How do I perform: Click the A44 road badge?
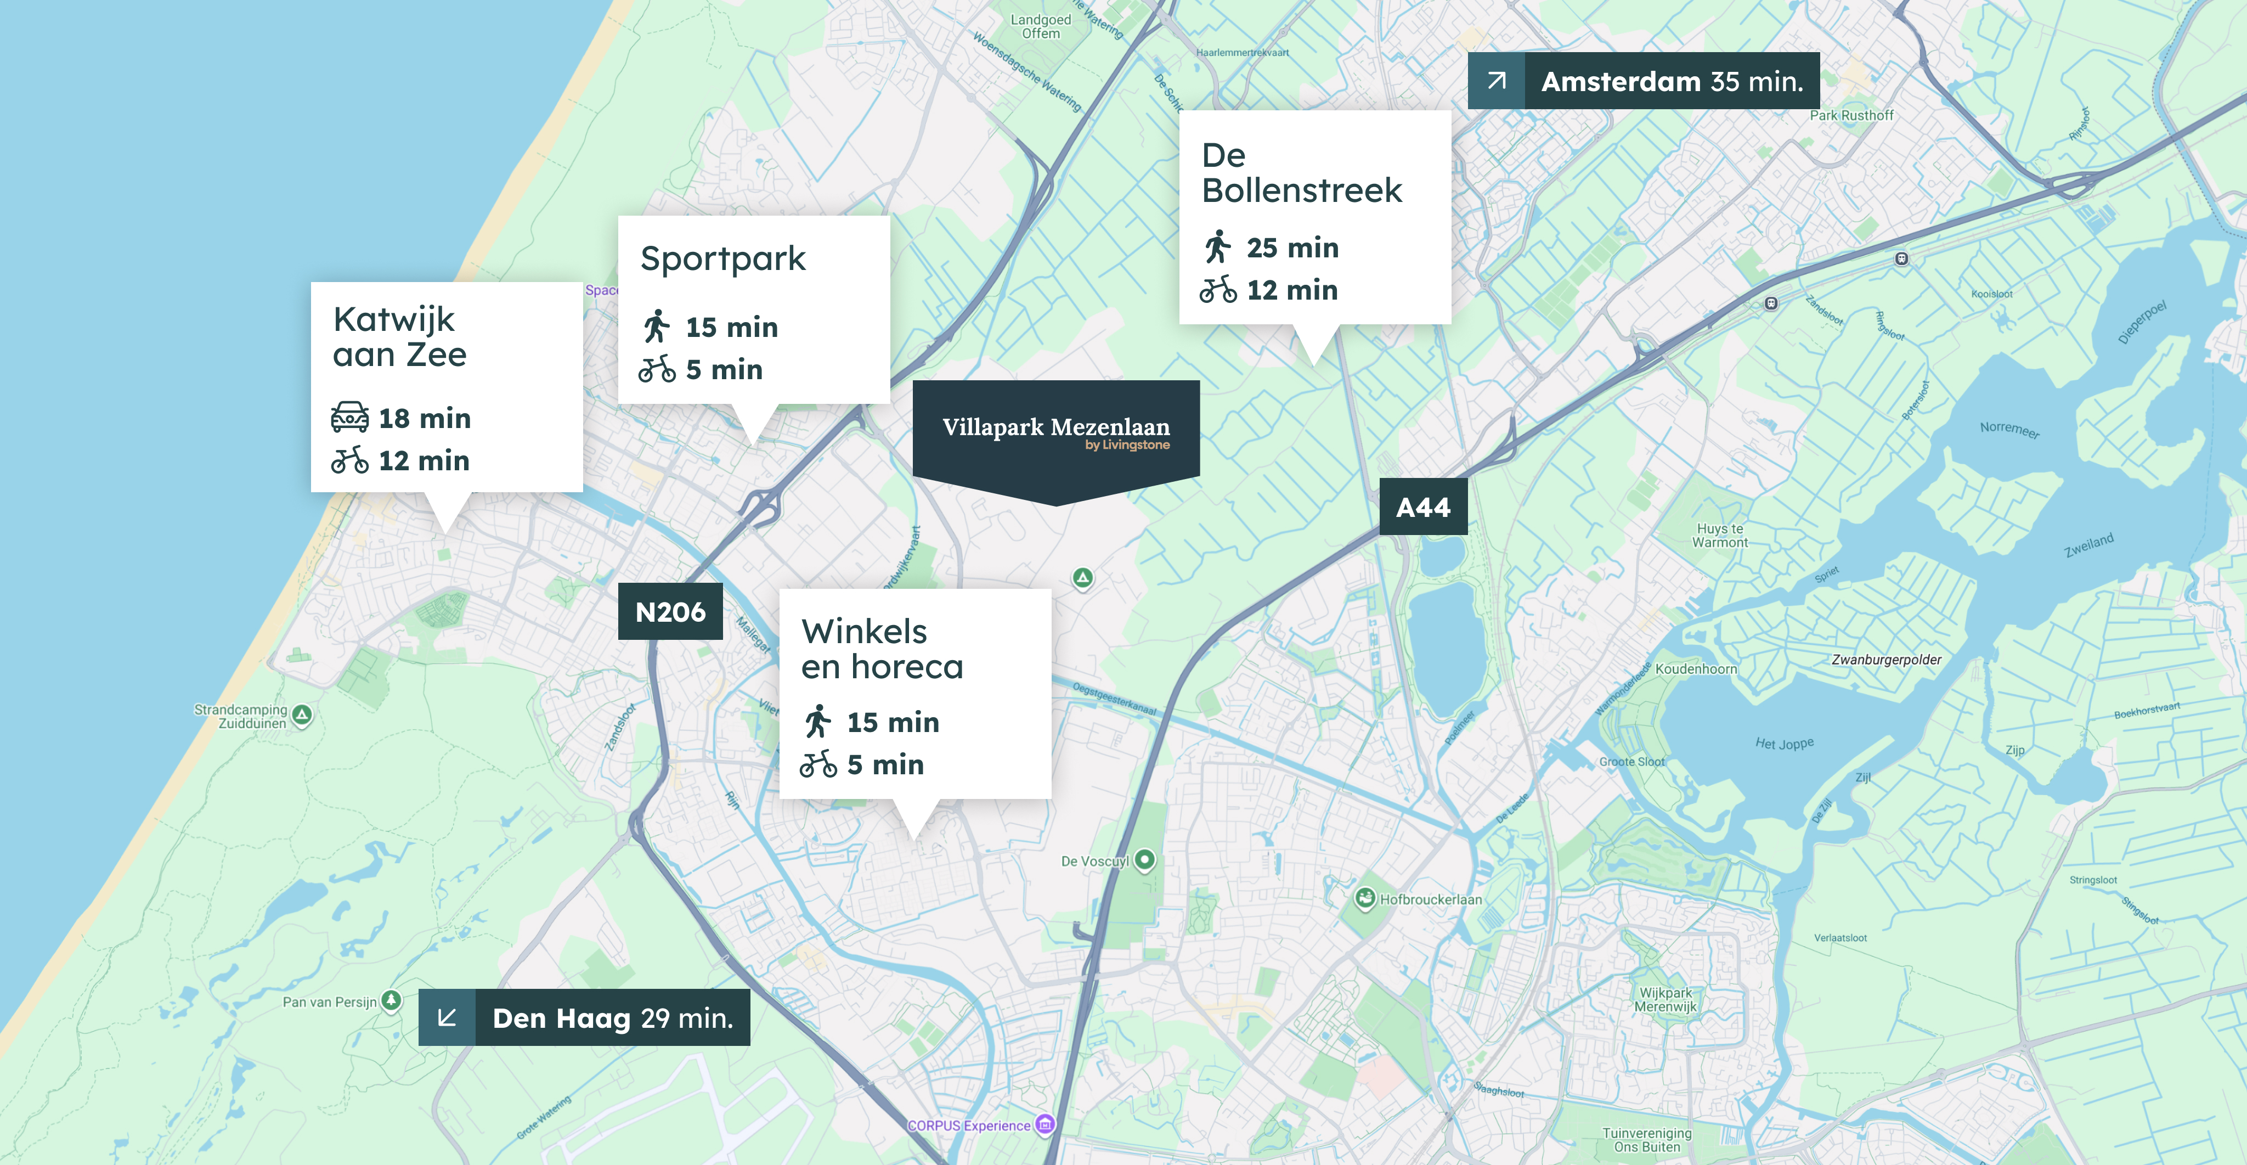pyautogui.click(x=1422, y=507)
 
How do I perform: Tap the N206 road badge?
pyautogui.click(x=670, y=612)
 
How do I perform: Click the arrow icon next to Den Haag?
pyautogui.click(x=447, y=1017)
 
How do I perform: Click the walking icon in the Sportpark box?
pyautogui.click(x=657, y=327)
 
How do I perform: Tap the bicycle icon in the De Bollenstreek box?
pyautogui.click(x=1218, y=290)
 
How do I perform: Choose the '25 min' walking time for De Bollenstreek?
pyautogui.click(x=1292, y=248)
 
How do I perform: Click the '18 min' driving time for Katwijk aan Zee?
pyautogui.click(x=424, y=418)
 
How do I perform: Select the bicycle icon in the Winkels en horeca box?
pyautogui.click(x=818, y=764)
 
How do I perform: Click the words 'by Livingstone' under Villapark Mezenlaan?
pyautogui.click(x=1127, y=445)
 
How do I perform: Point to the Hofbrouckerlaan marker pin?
pyautogui.click(x=1365, y=898)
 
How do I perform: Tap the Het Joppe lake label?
pyautogui.click(x=1784, y=744)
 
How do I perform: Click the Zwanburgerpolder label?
pyautogui.click(x=1886, y=660)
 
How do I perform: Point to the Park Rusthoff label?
pyautogui.click(x=1851, y=115)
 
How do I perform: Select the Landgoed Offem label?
pyautogui.click(x=1041, y=26)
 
